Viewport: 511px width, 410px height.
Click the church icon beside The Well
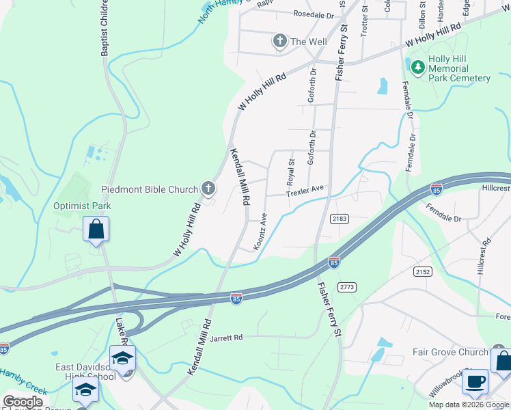pos(279,42)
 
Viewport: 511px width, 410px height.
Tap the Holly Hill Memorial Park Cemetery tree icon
pos(417,66)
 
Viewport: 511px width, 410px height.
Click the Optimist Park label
pos(82,206)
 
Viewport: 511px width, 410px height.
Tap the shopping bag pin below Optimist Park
pos(96,230)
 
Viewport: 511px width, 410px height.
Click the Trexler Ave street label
pos(304,191)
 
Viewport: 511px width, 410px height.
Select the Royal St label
pos(290,172)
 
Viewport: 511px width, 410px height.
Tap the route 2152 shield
pos(423,271)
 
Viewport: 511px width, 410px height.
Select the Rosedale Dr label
pos(313,14)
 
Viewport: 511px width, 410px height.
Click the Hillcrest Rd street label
pos(484,257)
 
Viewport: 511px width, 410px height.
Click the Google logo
pos(23,402)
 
